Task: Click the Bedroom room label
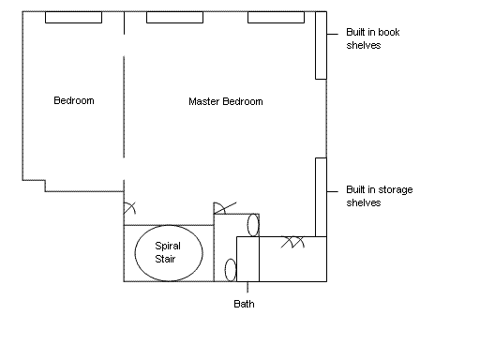click(x=74, y=100)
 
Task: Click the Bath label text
click(x=244, y=304)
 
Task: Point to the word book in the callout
click(x=388, y=32)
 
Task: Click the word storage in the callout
click(x=396, y=189)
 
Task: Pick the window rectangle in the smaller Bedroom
click(x=73, y=18)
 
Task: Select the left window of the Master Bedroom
click(x=174, y=18)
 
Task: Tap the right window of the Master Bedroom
click(x=276, y=18)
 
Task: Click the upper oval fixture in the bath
click(x=253, y=225)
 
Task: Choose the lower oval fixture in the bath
click(x=231, y=270)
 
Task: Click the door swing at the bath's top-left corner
click(x=222, y=207)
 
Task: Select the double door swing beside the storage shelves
click(x=292, y=242)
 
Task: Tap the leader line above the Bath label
click(x=247, y=287)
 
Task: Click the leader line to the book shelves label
click(x=333, y=34)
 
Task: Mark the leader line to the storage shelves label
click(x=333, y=191)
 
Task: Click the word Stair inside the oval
click(x=165, y=259)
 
